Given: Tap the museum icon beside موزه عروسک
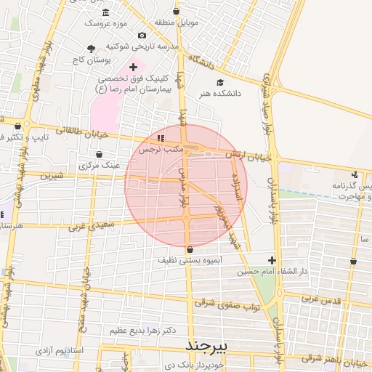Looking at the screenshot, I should click(106, 13).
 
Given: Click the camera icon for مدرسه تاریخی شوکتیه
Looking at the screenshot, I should click(142, 36).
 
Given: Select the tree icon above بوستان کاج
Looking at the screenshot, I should click(91, 49).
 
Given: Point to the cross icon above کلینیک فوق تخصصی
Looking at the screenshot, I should click(133, 67).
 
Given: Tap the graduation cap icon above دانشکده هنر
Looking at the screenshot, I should click(219, 82).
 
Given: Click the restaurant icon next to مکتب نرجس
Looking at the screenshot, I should click(161, 137).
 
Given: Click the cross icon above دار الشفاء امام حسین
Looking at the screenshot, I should click(272, 260).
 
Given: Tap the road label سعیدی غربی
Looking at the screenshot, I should click(93, 227).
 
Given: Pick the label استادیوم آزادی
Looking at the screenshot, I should click(59, 351).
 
